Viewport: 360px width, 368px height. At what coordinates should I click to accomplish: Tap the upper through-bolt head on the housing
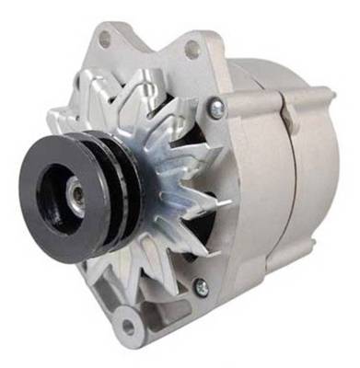click(x=215, y=109)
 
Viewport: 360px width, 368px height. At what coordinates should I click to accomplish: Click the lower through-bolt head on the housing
click(x=201, y=287)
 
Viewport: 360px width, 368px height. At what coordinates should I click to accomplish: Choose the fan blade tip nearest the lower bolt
click(x=189, y=267)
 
